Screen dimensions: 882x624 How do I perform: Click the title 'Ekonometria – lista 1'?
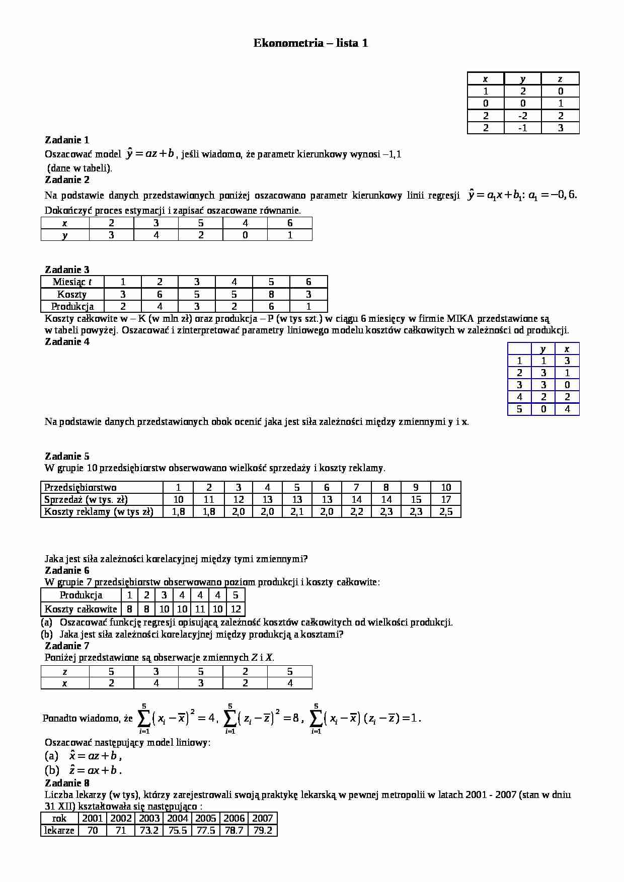click(310, 43)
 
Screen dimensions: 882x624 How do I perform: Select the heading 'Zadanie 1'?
click(67, 140)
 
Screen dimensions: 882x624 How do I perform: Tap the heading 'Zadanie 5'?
click(67, 456)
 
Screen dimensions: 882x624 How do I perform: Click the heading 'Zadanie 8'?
click(67, 783)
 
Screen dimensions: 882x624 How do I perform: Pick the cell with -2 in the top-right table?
click(522, 116)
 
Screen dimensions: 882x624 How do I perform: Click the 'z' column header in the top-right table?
click(560, 78)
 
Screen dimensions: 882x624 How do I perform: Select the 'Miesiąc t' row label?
click(72, 282)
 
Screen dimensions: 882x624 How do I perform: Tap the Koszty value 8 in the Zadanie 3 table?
click(271, 294)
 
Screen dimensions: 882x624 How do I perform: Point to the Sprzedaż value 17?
click(446, 499)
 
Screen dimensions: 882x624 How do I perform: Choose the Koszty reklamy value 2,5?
click(446, 511)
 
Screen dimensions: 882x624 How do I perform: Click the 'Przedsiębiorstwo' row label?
click(81, 487)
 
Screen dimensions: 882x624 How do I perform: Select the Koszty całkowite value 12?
click(236, 609)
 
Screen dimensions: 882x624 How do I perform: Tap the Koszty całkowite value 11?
click(200, 609)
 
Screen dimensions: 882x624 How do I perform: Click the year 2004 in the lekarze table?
click(177, 818)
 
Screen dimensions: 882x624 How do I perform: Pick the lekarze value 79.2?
click(263, 830)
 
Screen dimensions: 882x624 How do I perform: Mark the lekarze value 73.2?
click(149, 830)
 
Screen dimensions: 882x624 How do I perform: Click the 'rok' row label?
click(59, 818)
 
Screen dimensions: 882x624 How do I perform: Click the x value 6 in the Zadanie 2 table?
click(290, 223)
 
